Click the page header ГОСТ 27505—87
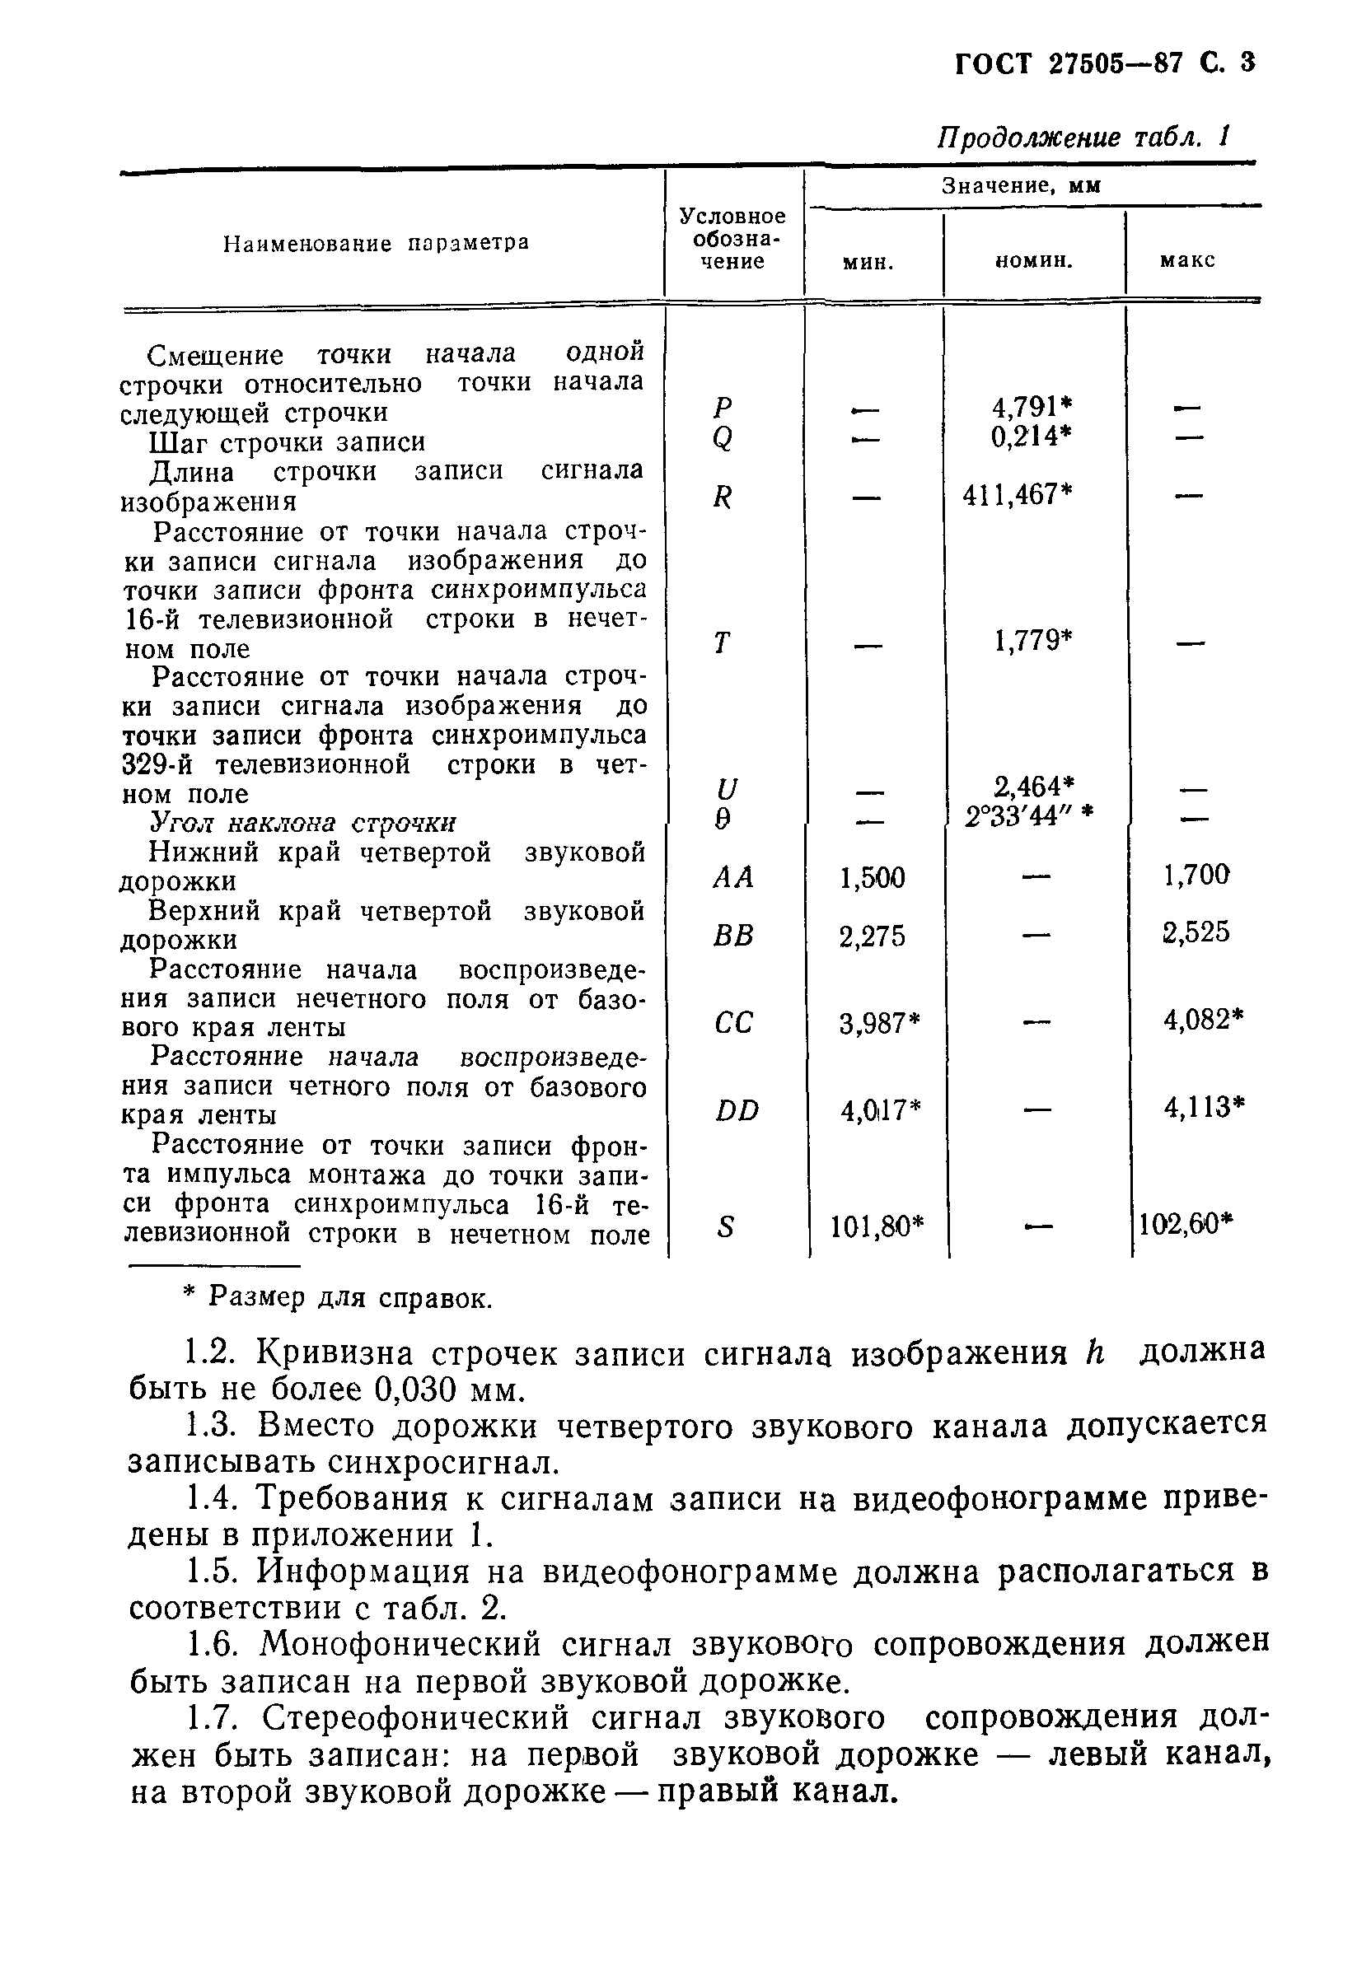(1068, 63)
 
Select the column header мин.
(868, 262)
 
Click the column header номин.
(1034, 260)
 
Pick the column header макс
(1186, 260)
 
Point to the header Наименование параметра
(376, 244)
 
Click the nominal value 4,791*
(1020, 407)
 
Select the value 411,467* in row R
(1018, 495)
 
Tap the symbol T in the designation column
(722, 642)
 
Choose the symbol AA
(732, 877)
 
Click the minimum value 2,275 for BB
(872, 936)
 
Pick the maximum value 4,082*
(1203, 1020)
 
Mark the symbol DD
(737, 1111)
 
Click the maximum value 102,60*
(1186, 1224)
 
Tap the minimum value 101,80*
(877, 1226)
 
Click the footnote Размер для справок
(349, 1297)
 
